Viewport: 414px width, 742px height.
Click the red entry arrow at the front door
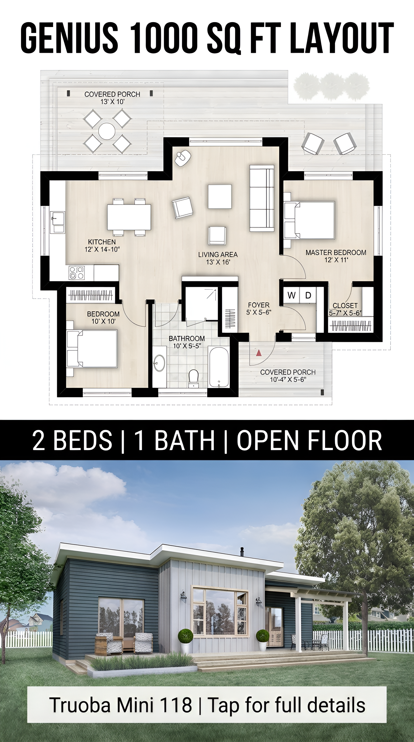(259, 352)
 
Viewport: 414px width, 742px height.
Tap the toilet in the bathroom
(194, 378)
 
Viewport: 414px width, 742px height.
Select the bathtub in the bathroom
(219, 367)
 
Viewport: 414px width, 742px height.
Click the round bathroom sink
(159, 363)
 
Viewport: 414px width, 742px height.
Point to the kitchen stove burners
(77, 273)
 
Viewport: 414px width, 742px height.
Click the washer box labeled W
(291, 295)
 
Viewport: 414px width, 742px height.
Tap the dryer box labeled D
(308, 295)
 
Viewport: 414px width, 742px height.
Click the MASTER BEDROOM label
(336, 253)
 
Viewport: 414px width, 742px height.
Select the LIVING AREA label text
(218, 255)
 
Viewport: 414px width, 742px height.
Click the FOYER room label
(259, 305)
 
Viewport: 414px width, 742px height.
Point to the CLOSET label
(345, 305)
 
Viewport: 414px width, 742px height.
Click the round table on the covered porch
(107, 131)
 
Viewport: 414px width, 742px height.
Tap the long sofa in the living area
(262, 198)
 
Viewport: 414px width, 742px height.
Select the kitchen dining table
(129, 217)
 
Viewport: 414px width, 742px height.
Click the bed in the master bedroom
(309, 220)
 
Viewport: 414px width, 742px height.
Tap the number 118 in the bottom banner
(176, 705)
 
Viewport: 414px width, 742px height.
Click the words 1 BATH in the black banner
(174, 440)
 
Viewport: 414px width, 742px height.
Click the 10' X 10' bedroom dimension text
(103, 321)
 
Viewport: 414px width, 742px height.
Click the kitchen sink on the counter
(58, 222)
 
